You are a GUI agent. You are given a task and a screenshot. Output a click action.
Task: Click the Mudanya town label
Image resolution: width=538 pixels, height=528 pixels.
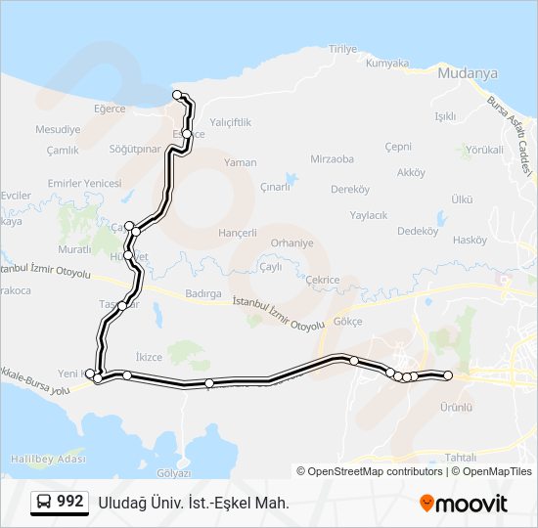469,73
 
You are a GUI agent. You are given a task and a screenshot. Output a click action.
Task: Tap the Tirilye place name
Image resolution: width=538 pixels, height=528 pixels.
344,49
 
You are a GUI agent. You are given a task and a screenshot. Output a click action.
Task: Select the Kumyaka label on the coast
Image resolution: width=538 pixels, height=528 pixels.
386,64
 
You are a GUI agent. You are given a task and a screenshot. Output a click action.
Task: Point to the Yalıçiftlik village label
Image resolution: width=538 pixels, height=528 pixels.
231,122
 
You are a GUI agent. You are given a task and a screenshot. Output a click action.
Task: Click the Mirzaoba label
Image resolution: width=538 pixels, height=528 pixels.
332,158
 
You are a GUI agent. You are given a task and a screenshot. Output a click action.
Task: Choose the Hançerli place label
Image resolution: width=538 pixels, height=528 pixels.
239,233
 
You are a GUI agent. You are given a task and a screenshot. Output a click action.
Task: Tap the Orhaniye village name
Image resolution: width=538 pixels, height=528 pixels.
291,242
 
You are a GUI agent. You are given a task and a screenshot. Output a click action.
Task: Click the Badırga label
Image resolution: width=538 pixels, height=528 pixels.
203,293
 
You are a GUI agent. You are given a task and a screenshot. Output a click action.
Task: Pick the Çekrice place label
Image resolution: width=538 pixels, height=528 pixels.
322,279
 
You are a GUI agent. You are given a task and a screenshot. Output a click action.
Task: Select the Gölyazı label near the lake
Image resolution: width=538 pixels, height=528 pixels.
173,472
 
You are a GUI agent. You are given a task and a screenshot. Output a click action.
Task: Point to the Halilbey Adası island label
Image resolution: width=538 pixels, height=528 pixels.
44,459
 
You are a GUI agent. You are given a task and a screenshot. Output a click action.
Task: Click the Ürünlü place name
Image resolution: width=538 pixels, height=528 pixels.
456,407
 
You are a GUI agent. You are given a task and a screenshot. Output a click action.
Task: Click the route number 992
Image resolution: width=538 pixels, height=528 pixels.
69,502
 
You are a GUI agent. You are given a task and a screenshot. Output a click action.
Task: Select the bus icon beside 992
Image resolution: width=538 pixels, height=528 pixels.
44,503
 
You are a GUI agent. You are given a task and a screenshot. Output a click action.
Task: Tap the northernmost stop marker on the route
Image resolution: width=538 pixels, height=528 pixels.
178,95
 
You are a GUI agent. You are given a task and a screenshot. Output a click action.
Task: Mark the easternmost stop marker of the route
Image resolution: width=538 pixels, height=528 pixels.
448,375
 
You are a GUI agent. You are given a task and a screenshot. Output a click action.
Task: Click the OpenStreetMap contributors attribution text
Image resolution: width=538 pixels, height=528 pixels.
369,471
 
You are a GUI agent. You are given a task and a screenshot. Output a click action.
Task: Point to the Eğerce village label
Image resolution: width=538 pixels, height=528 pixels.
111,109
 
